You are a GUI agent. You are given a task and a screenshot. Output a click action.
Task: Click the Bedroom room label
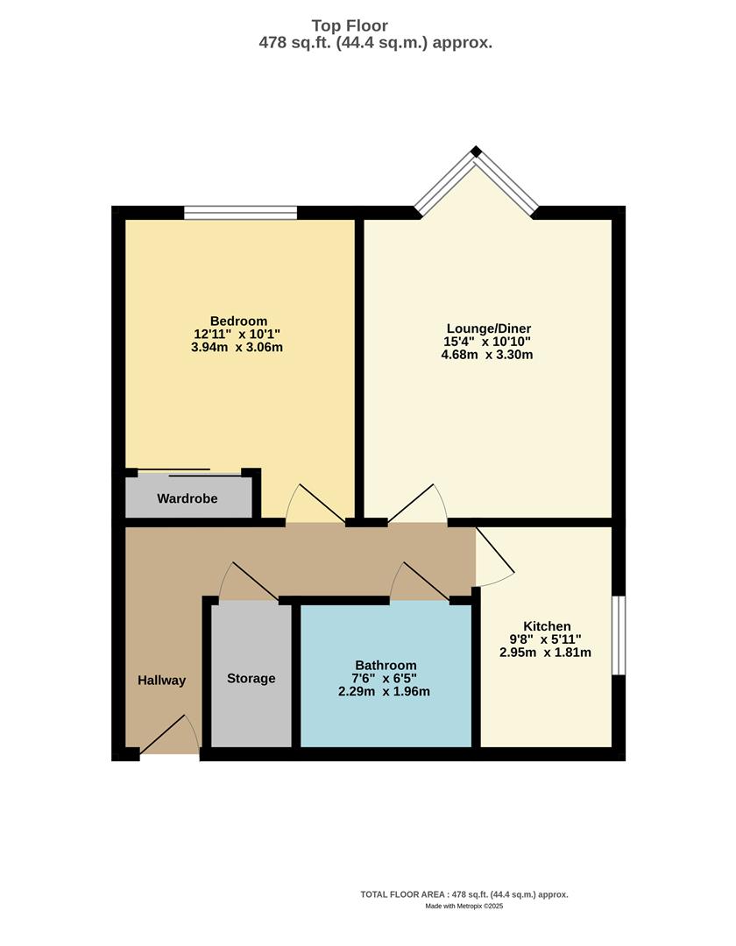(238, 321)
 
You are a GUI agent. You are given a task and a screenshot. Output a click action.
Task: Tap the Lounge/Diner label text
(487, 328)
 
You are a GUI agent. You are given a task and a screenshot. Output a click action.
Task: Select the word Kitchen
(547, 626)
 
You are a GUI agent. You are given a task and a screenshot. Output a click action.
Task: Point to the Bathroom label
(386, 665)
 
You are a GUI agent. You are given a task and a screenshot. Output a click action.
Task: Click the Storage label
(251, 678)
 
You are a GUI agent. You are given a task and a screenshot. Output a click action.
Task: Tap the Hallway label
(162, 680)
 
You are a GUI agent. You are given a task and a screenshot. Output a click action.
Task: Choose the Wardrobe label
(188, 498)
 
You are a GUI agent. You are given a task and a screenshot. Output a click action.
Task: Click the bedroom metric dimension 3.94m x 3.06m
(238, 347)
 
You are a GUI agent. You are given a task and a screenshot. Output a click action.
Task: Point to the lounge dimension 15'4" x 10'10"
(487, 342)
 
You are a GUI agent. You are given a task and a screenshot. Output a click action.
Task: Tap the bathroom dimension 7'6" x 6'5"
(386, 678)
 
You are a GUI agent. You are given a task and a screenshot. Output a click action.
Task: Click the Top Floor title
(350, 26)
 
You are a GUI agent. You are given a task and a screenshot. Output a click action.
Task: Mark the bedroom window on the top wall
(241, 212)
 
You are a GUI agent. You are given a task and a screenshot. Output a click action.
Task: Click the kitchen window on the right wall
(619, 635)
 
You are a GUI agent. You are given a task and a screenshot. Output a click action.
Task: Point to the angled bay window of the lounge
(476, 180)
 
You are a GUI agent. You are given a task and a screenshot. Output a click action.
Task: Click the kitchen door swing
(494, 559)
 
